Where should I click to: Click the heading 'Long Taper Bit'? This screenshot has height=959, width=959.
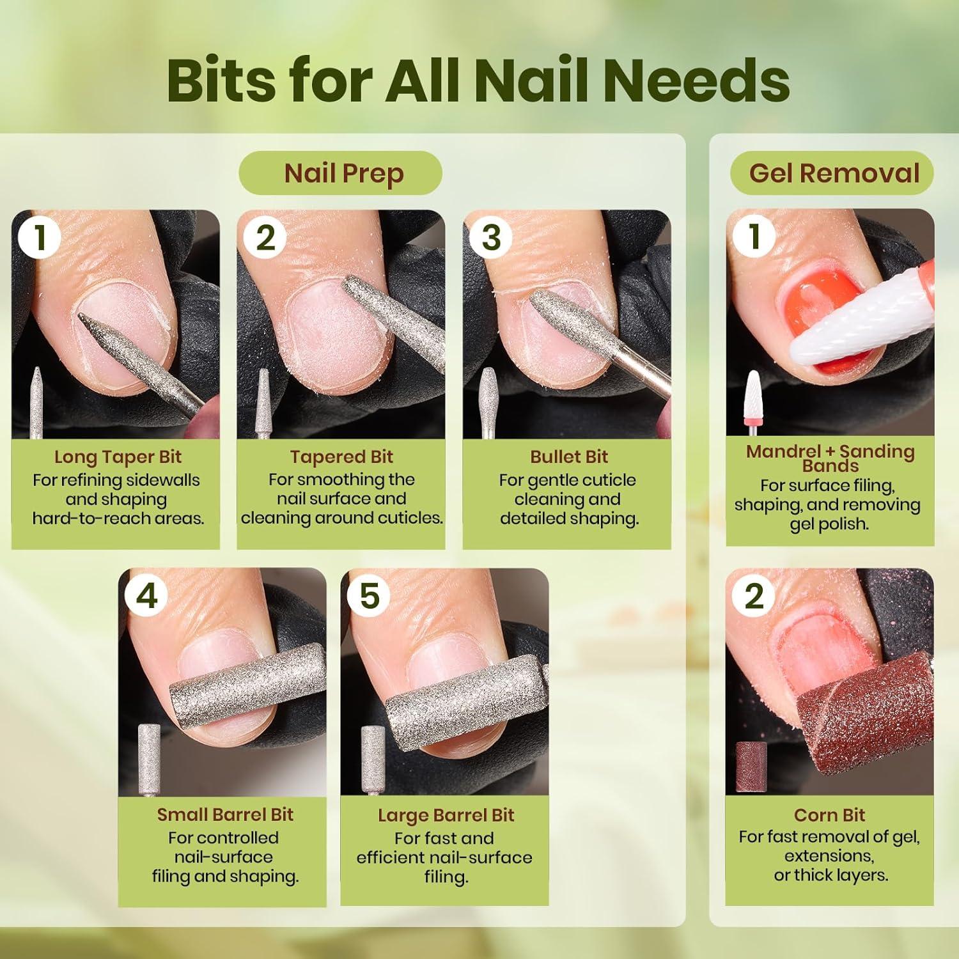(x=118, y=457)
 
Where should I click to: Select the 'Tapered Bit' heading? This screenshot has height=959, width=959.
(x=341, y=456)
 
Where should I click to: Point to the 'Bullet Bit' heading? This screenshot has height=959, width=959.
(x=568, y=456)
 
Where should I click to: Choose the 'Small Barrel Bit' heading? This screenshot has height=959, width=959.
(x=225, y=815)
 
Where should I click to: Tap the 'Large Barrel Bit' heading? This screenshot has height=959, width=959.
(x=446, y=815)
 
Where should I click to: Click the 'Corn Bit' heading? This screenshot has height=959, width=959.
(x=829, y=815)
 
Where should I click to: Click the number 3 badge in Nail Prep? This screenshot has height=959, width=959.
(x=490, y=238)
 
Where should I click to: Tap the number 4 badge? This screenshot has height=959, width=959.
(x=146, y=596)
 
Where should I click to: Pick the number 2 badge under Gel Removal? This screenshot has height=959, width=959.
(x=754, y=596)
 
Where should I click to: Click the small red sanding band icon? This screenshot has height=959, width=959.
(x=751, y=767)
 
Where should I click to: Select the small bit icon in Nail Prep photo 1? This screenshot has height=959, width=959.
(x=36, y=402)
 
